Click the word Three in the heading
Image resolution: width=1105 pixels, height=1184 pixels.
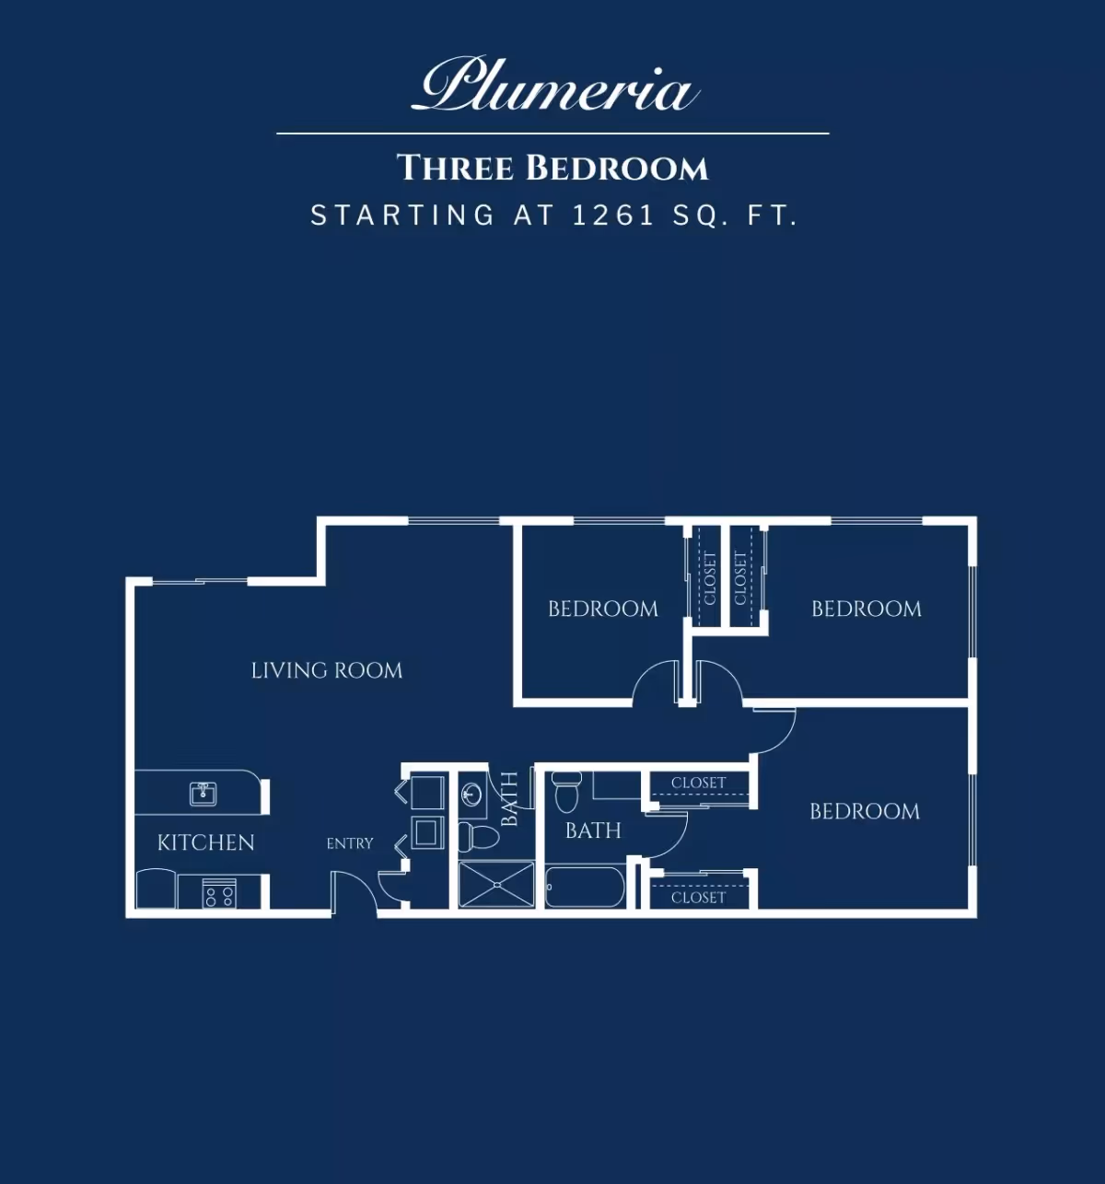pos(455,168)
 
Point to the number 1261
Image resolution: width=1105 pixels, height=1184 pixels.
pos(613,215)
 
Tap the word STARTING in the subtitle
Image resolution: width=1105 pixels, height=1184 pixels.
pos(403,215)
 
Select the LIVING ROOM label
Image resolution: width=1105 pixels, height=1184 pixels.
pos(327,670)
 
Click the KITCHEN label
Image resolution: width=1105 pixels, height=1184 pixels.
pos(206,842)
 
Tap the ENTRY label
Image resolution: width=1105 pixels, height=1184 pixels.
pos(350,843)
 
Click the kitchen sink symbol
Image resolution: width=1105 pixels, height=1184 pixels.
pos(204,795)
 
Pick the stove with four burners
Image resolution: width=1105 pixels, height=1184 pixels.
pos(219,893)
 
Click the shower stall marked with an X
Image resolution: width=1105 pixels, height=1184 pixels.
pos(496,885)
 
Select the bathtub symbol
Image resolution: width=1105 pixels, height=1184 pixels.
pos(585,887)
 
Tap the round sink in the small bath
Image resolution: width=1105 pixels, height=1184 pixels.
pos(472,794)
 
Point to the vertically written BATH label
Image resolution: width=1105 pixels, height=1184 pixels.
pos(510,799)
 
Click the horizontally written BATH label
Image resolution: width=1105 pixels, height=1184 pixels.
pos(593,830)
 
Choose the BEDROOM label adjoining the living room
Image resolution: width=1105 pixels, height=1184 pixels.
pos(603,609)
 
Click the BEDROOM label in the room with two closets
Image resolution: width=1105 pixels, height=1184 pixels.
pos(865,811)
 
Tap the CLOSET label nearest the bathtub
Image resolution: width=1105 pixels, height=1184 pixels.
pos(698,898)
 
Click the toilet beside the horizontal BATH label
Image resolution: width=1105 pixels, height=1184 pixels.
pos(566,793)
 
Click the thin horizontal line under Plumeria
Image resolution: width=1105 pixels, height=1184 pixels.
pos(552,133)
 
